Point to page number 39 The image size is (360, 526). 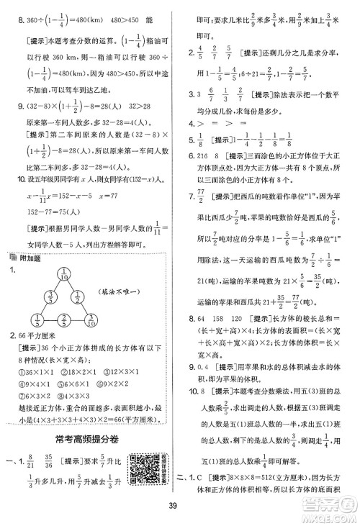tap(180, 512)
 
